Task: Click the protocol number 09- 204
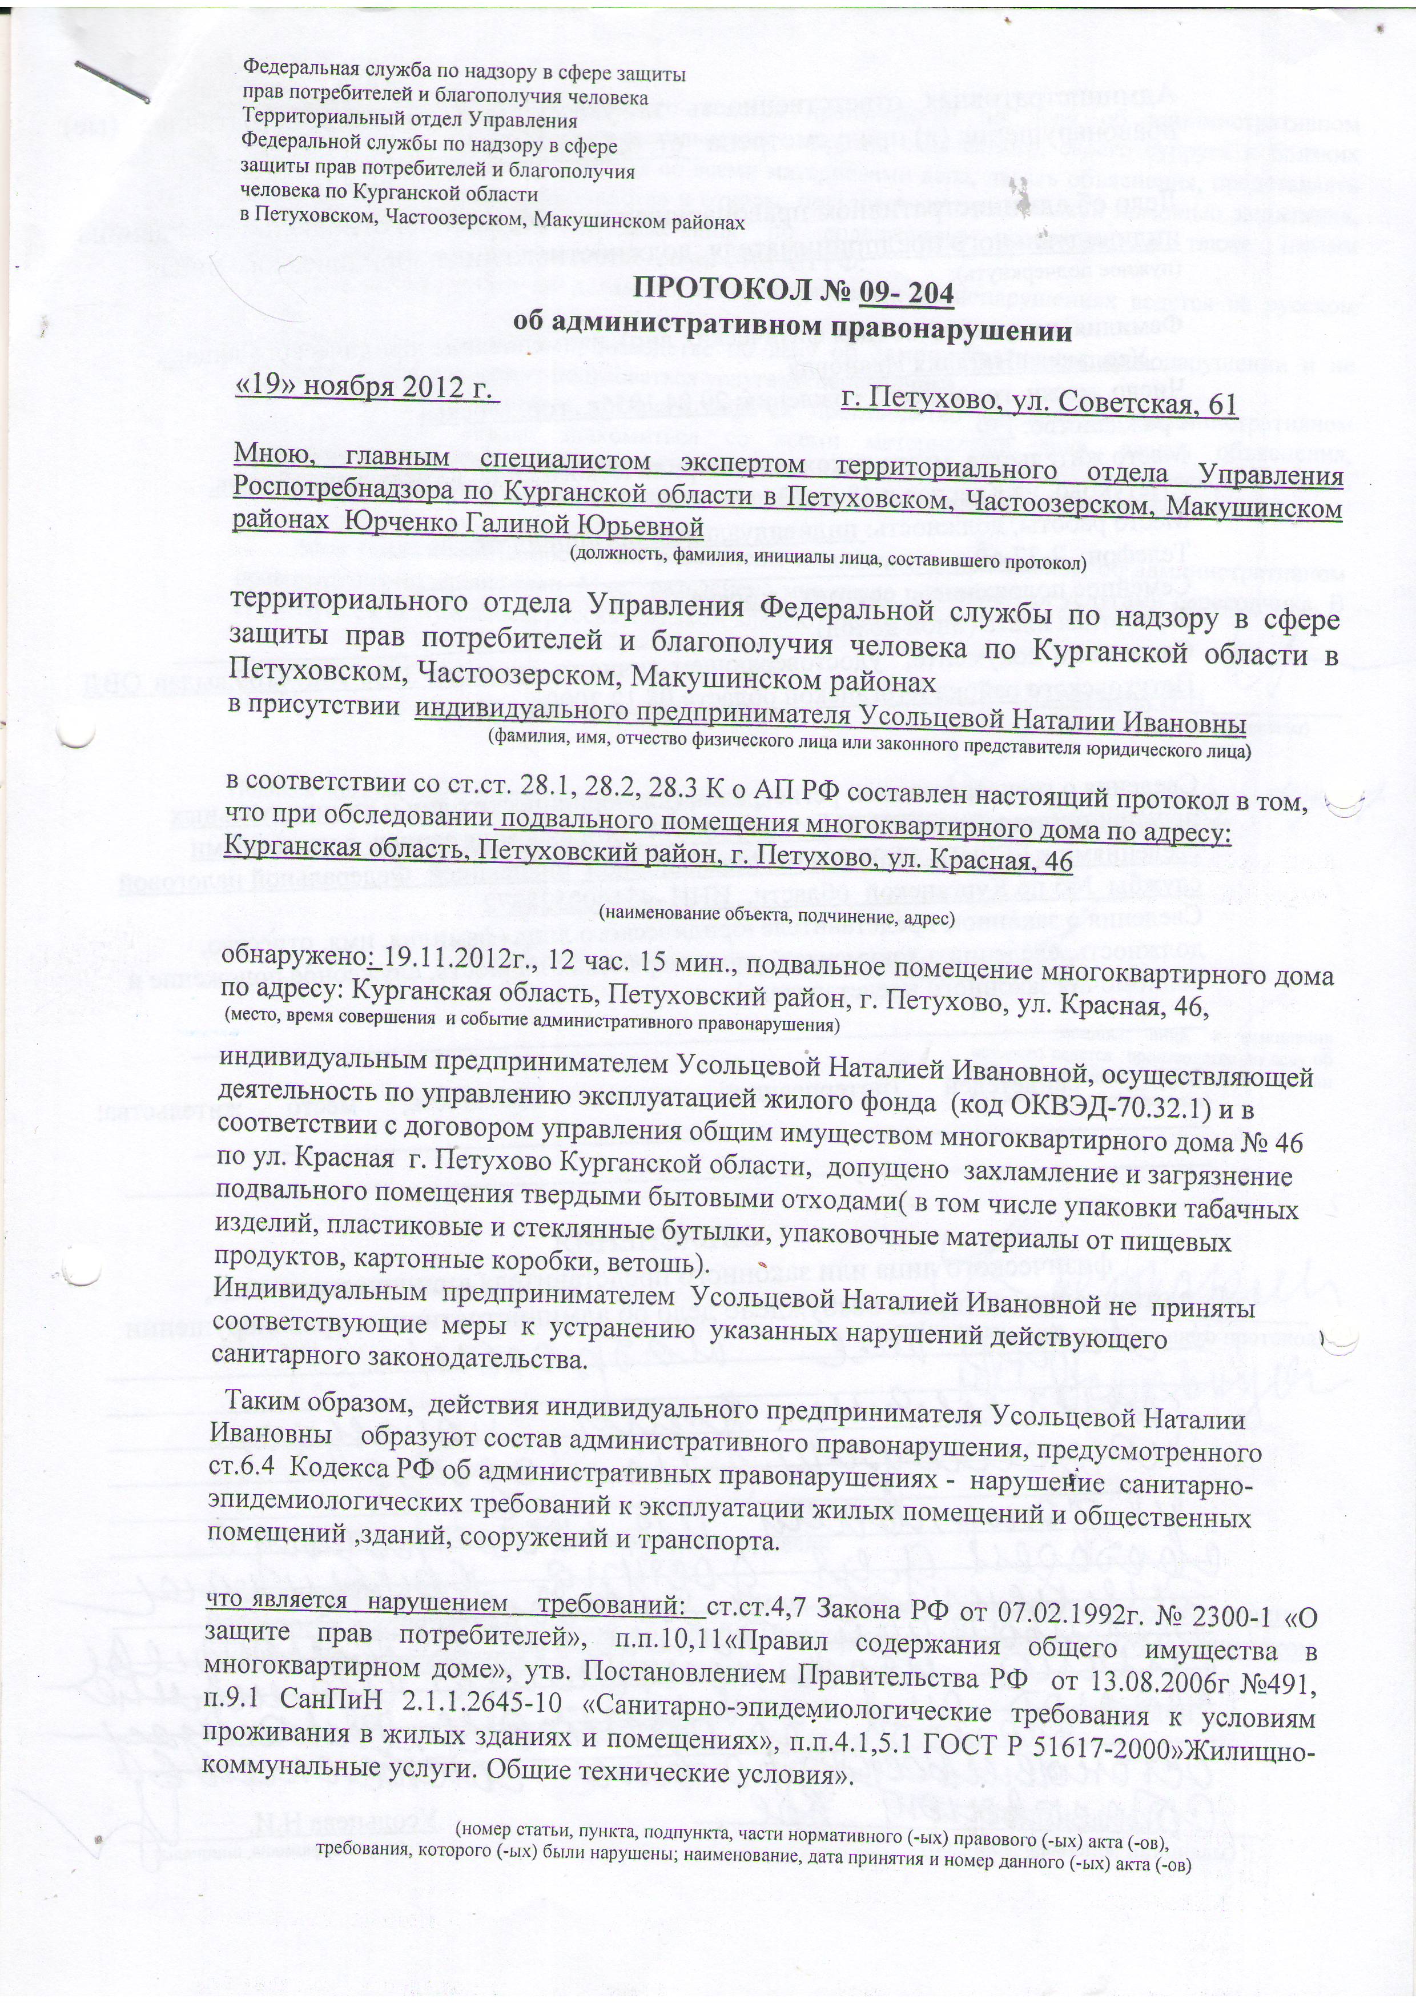(906, 290)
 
